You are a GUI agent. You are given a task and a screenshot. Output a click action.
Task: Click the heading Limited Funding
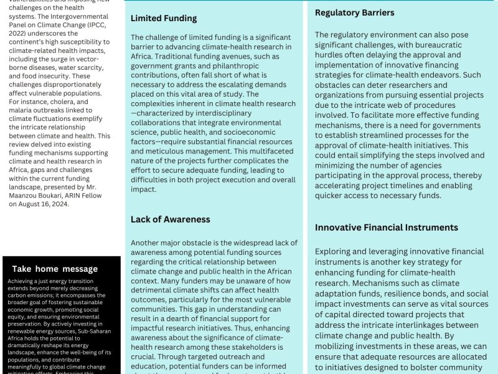pyautogui.click(x=163, y=19)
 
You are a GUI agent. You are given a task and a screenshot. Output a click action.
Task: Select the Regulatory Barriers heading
pyautogui.click(x=354, y=12)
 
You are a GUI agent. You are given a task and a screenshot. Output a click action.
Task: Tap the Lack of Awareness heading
pyautogui.click(x=170, y=219)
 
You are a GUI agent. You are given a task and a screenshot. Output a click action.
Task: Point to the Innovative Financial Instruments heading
pyautogui.click(x=386, y=228)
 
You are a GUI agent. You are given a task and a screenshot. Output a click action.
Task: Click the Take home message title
pyautogui.click(x=55, y=269)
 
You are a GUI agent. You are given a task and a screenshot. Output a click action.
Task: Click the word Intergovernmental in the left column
pyautogui.click(x=80, y=25)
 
